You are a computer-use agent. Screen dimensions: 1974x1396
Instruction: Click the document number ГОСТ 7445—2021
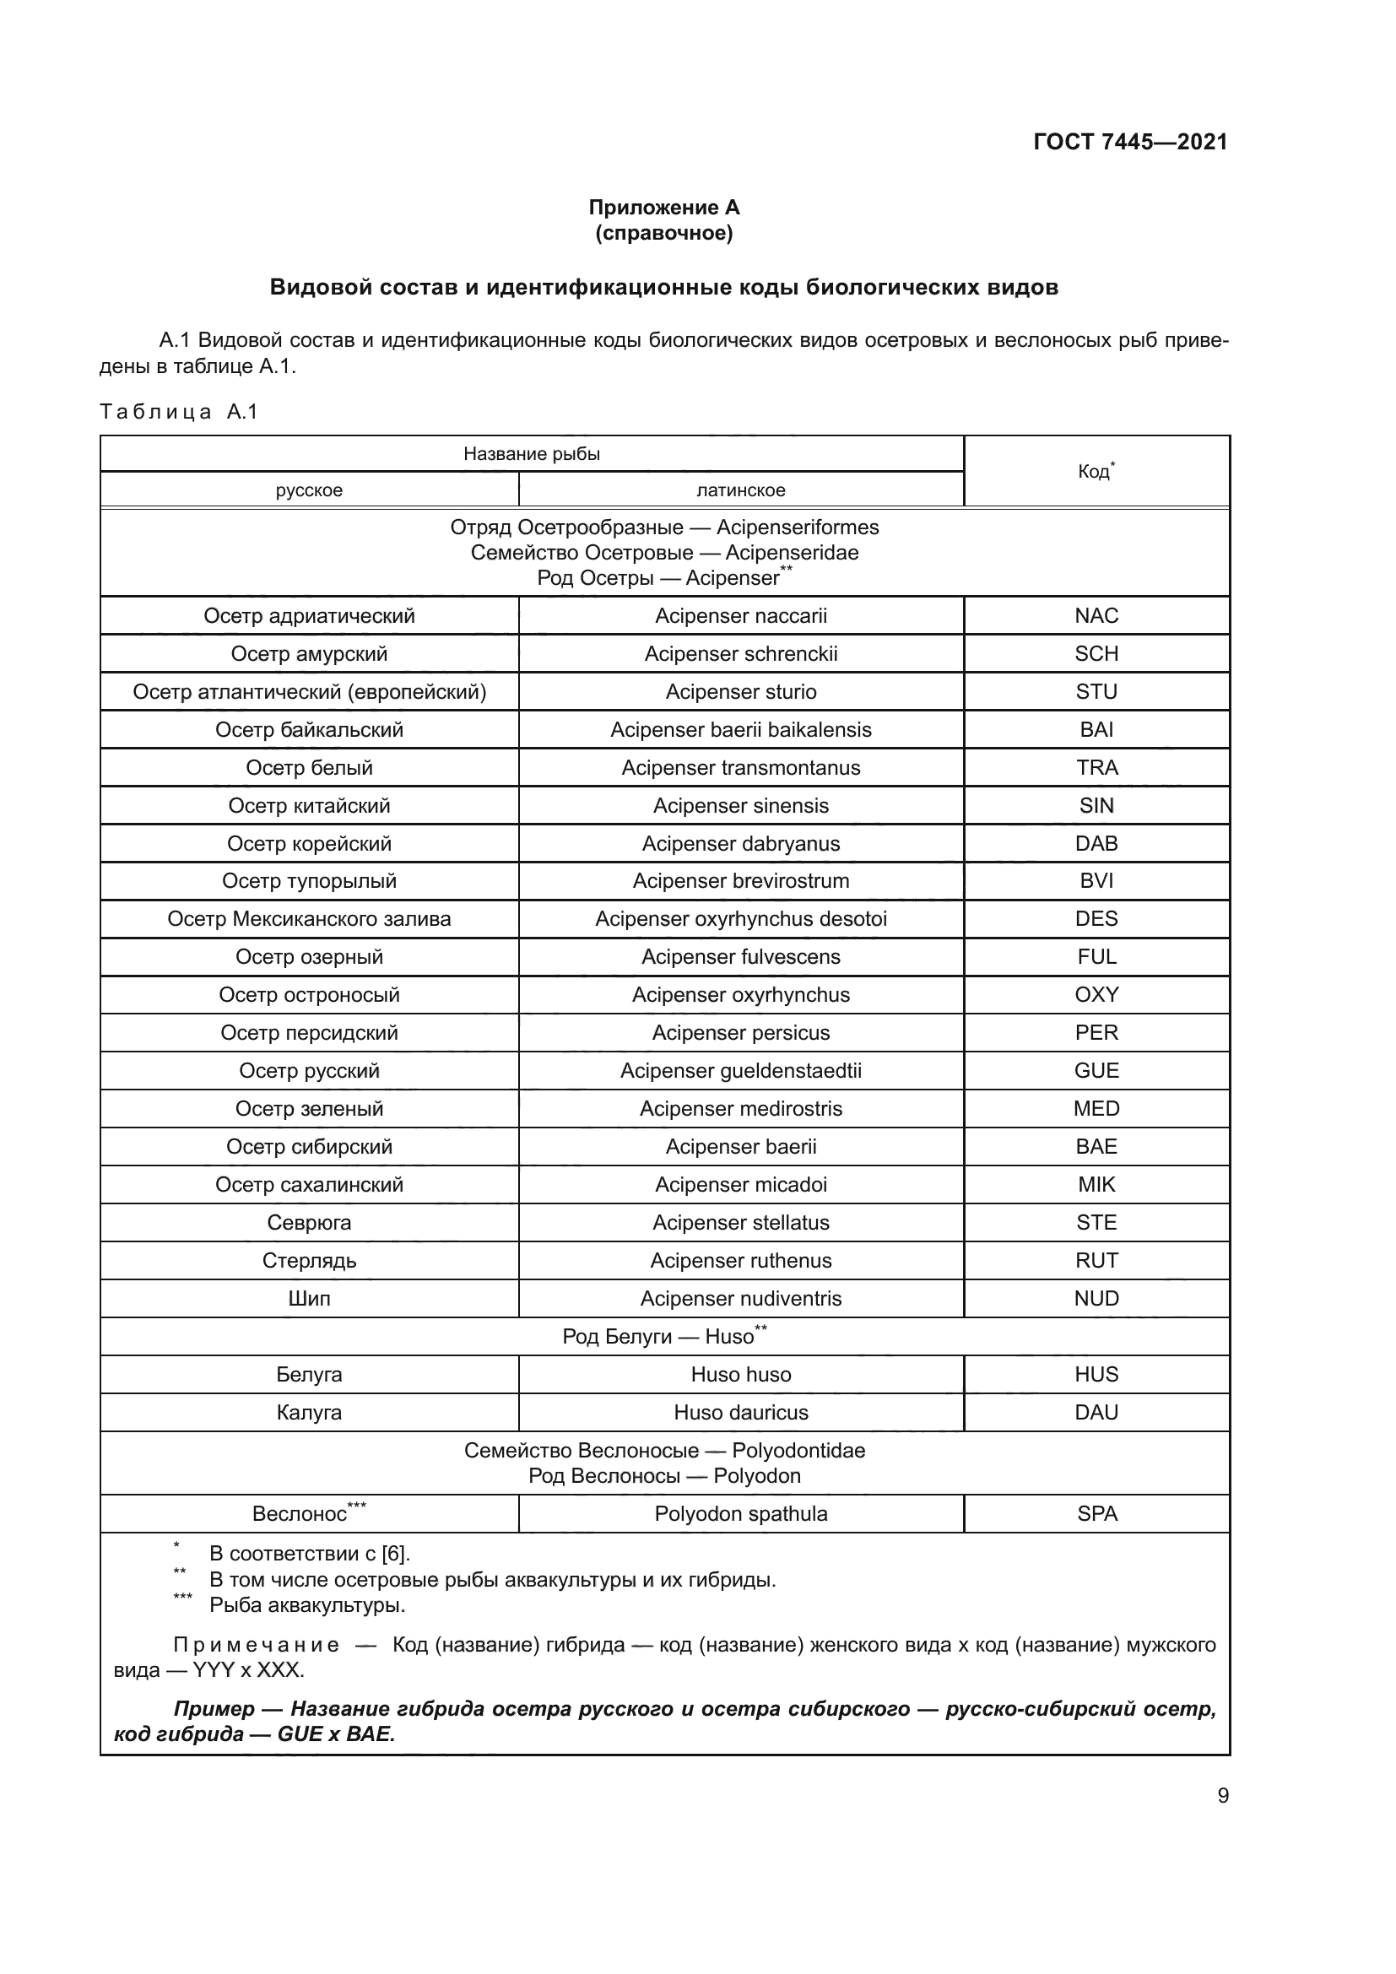[x=1129, y=142]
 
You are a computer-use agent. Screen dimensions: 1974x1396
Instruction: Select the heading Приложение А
[x=663, y=208]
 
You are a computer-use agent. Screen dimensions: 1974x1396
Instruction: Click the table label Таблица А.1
[x=179, y=412]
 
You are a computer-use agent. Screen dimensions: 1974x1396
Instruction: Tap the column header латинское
[x=740, y=490]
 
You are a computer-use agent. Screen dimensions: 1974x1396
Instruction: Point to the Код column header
[x=1096, y=471]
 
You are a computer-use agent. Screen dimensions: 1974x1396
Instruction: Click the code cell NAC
[x=1096, y=615]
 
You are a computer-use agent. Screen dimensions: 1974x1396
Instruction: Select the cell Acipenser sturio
[x=740, y=692]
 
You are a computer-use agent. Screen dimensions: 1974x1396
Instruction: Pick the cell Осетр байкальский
[x=309, y=730]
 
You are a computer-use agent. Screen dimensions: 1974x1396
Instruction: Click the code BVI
[x=1096, y=881]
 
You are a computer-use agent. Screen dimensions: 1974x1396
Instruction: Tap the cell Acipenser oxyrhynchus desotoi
[x=740, y=919]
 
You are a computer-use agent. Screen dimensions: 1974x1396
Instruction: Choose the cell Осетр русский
[x=309, y=1070]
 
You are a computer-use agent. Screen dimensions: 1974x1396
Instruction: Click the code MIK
[x=1096, y=1185]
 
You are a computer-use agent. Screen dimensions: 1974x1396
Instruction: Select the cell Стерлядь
[x=309, y=1260]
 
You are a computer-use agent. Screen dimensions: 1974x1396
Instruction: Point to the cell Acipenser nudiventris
[x=740, y=1298]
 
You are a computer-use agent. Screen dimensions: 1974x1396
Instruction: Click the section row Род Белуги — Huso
[x=663, y=1336]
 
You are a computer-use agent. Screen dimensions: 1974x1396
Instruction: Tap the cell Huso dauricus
[x=740, y=1413]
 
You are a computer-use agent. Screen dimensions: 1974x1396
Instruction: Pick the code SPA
[x=1097, y=1514]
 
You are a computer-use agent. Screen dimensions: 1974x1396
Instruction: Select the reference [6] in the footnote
[x=394, y=1554]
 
